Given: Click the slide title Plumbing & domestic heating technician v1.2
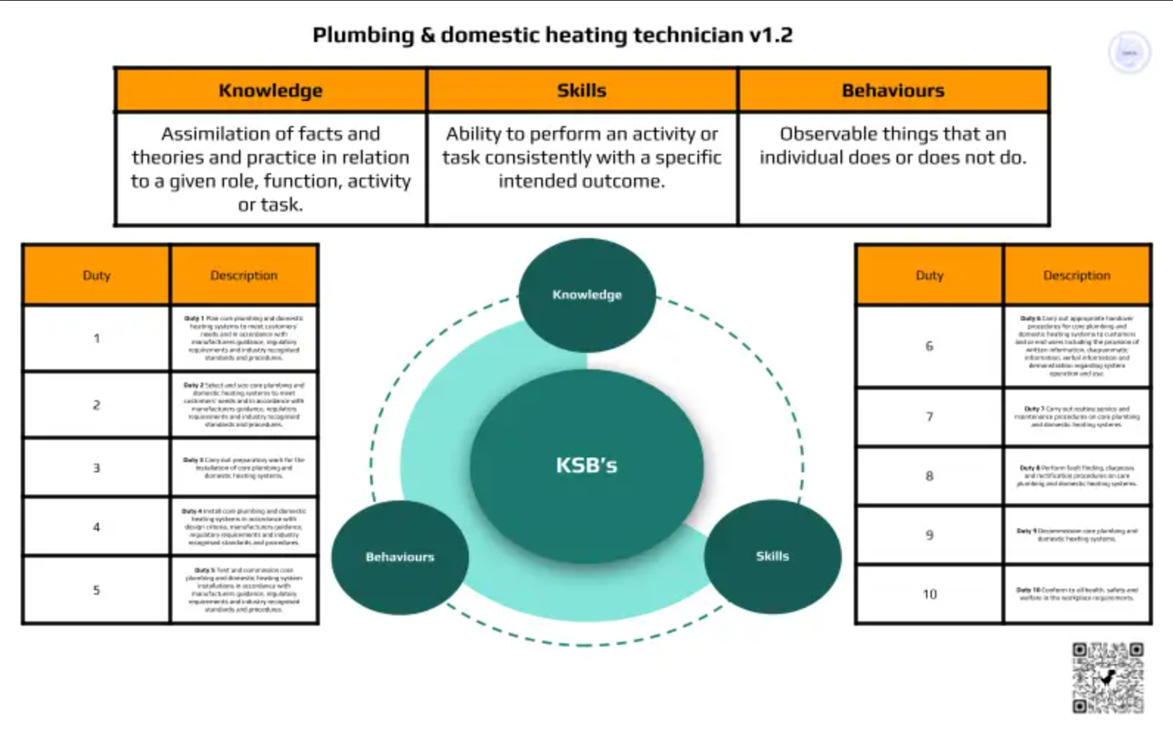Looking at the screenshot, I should pyautogui.click(x=552, y=35).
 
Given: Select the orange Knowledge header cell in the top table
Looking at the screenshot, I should pyautogui.click(x=271, y=91).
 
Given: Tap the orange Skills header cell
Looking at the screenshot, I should pyautogui.click(x=582, y=91).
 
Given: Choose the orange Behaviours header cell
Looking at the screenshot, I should pyautogui.click(x=893, y=91).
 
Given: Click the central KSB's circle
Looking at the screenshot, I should pyautogui.click(x=586, y=465).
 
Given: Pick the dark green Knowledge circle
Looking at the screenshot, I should pyautogui.click(x=587, y=295).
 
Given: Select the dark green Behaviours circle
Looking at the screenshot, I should pyautogui.click(x=400, y=557).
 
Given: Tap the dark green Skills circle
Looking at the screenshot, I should pyautogui.click(x=772, y=556).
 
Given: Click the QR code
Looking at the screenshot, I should pyautogui.click(x=1107, y=677).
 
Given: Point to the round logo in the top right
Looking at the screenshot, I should pyautogui.click(x=1129, y=52).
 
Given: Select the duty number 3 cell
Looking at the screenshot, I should pyautogui.click(x=97, y=468).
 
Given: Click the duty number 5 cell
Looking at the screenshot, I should pyautogui.click(x=97, y=590).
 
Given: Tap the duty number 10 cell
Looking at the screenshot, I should pyautogui.click(x=930, y=594).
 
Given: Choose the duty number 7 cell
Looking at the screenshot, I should pyautogui.click(x=930, y=417).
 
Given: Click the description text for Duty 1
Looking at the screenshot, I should pyautogui.click(x=243, y=338).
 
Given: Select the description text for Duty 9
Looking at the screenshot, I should pyautogui.click(x=1076, y=535).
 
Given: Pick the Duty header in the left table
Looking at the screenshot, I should pyautogui.click(x=97, y=275).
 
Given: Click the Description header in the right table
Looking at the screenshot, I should pyautogui.click(x=1076, y=275).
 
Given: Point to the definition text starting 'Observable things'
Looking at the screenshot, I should pyautogui.click(x=893, y=145).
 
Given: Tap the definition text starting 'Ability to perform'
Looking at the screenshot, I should pyautogui.click(x=582, y=157).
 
